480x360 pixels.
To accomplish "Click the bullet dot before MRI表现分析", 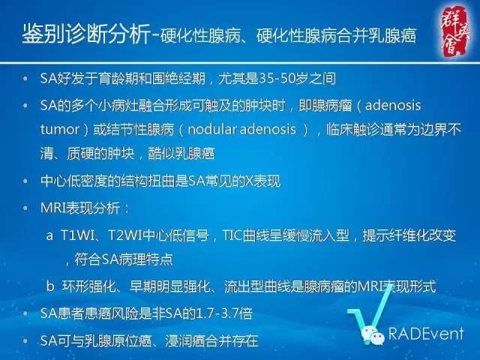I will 27,205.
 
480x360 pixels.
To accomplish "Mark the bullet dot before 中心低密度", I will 27,181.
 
